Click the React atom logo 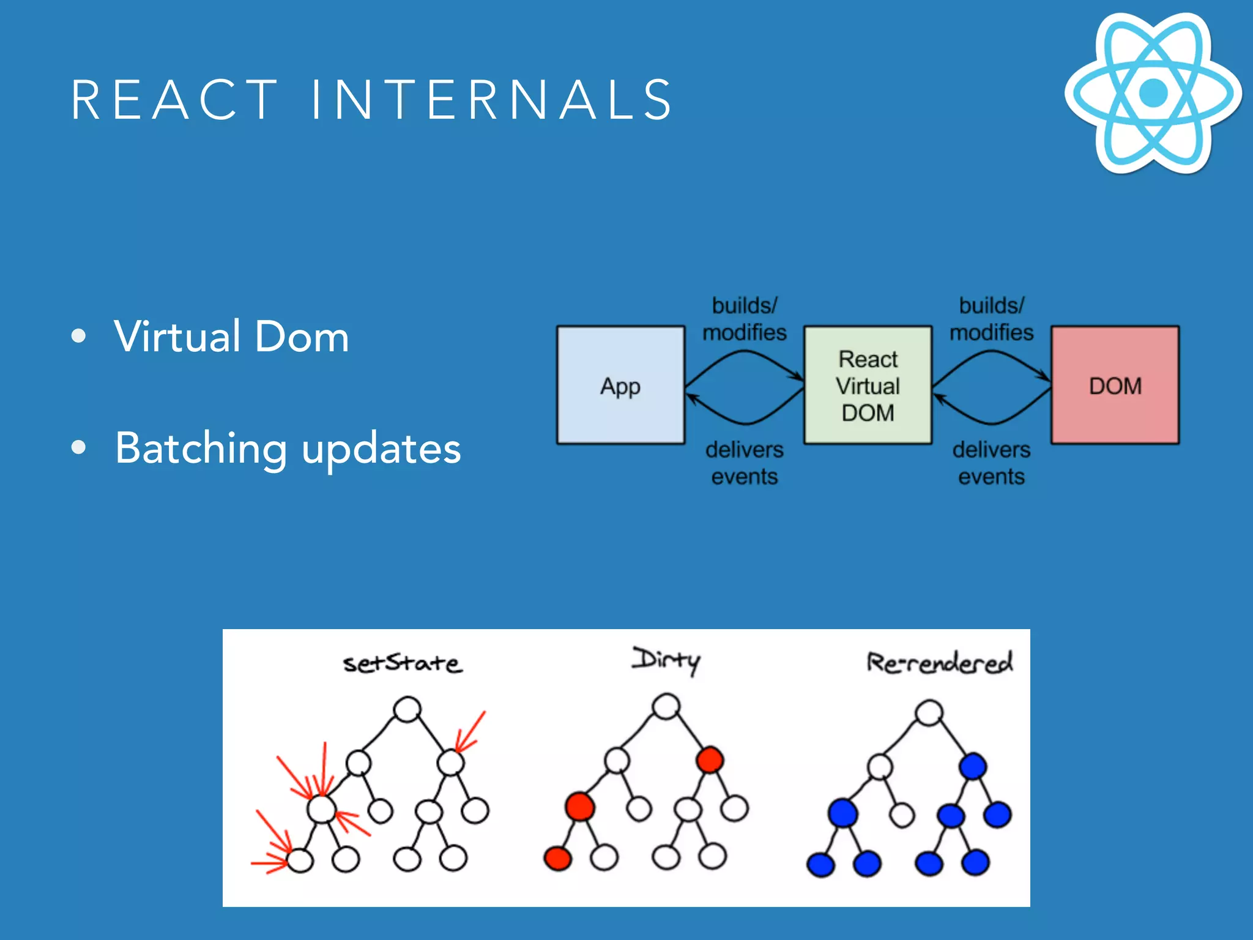click(1153, 93)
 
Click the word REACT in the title click(174, 100)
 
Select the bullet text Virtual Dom click(231, 337)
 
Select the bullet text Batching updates click(288, 449)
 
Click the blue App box click(620, 385)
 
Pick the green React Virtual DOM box click(868, 385)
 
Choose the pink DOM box click(1115, 385)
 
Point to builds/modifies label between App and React click(744, 319)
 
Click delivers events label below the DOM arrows click(991, 463)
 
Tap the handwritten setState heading click(402, 663)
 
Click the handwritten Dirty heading click(666, 660)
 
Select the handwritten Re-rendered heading click(939, 662)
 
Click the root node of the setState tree click(407, 710)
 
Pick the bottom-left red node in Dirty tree click(557, 858)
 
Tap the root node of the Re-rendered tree click(929, 713)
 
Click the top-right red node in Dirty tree click(710, 760)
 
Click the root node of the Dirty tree click(666, 706)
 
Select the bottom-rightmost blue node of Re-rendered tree click(975, 862)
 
